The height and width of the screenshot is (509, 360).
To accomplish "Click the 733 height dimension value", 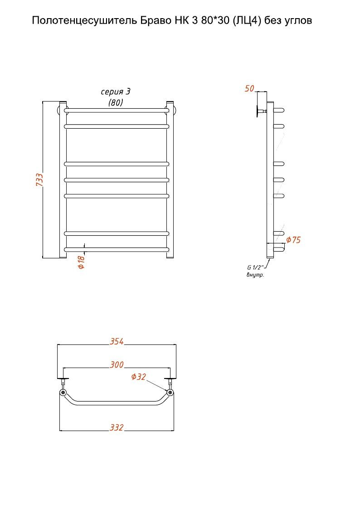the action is click(39, 179).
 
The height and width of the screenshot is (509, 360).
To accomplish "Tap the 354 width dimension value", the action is click(117, 341).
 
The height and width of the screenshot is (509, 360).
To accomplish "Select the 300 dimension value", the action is click(117, 364).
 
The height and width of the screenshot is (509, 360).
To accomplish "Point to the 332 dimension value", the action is click(117, 427).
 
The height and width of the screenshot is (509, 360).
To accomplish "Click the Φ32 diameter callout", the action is click(139, 377).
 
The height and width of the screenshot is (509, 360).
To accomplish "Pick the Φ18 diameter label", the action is click(81, 262).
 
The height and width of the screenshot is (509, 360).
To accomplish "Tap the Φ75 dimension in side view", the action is click(293, 240).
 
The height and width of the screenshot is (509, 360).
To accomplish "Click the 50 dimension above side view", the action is click(249, 88).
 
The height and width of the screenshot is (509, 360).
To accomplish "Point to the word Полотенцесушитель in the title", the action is click(85, 21).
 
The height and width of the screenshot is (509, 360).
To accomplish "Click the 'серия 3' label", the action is click(116, 92).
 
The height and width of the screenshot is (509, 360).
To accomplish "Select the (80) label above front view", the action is click(116, 102).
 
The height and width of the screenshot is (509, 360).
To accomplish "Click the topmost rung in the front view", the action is click(117, 111).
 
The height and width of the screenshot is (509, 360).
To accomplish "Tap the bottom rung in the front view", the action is click(117, 250).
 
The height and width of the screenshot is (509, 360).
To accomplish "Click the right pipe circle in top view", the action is click(170, 393).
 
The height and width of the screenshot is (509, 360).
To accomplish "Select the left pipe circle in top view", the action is click(63, 393).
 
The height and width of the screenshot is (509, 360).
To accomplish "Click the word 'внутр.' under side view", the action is click(255, 275).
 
